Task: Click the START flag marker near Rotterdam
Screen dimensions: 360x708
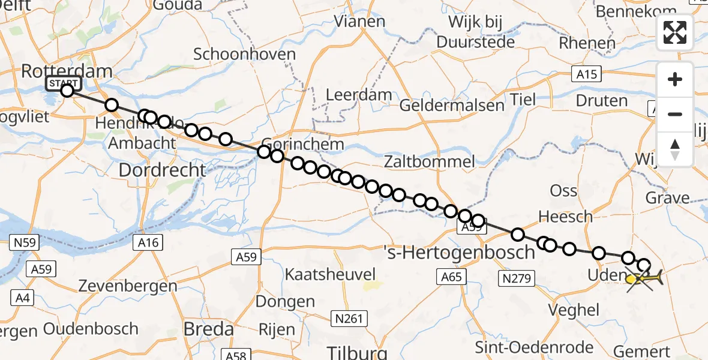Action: tap(62, 83)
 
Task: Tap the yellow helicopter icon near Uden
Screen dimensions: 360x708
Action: tap(644, 278)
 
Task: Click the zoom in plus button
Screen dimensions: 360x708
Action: tap(675, 79)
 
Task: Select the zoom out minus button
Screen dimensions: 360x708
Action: tap(675, 114)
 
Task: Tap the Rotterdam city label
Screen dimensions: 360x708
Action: tap(66, 71)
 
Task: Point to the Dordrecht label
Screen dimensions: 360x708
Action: tap(162, 170)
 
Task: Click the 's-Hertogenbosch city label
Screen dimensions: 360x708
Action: tap(459, 252)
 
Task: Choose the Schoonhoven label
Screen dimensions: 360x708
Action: tap(245, 54)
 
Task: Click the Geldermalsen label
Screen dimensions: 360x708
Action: tap(452, 106)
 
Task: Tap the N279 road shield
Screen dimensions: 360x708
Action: tap(515, 277)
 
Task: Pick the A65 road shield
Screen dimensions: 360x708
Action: tap(452, 277)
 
